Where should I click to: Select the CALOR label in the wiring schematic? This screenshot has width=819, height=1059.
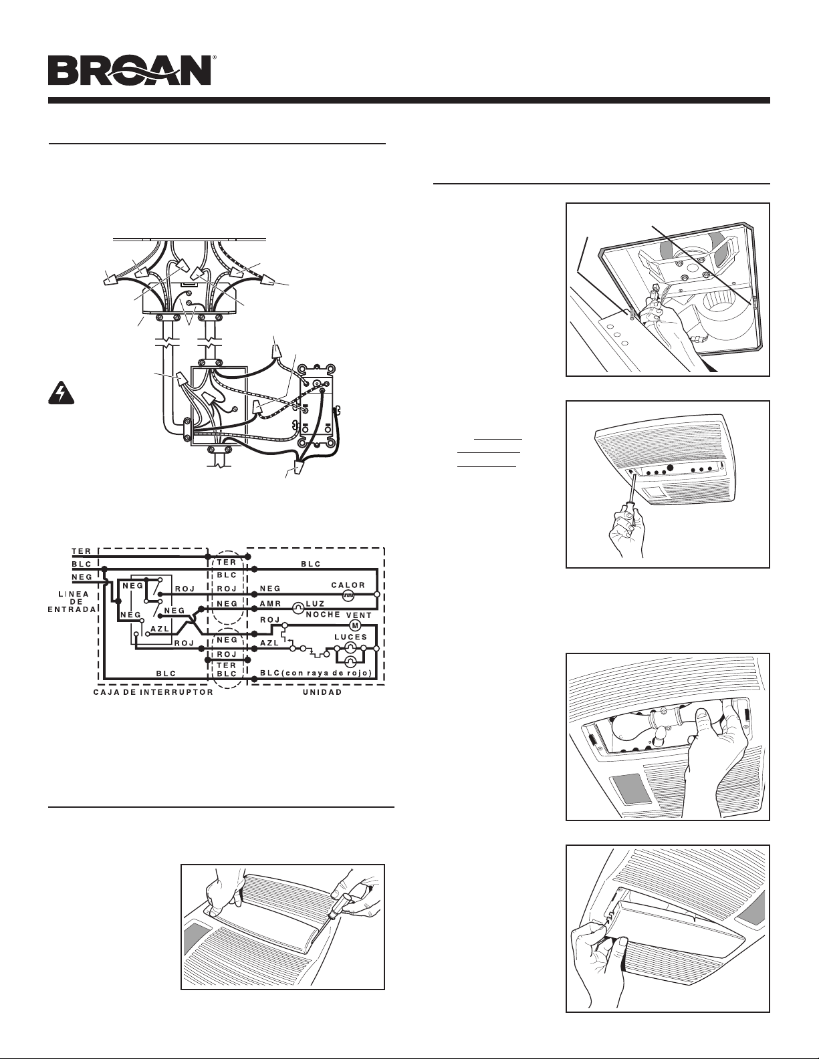point(348,585)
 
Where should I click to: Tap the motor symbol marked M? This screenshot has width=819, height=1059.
point(355,625)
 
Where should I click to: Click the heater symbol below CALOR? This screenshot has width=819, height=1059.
point(348,595)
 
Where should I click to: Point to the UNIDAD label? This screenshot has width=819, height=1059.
point(322,693)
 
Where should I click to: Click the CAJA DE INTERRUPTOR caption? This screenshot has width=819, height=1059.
point(153,693)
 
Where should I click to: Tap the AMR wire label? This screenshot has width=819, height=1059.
point(270,603)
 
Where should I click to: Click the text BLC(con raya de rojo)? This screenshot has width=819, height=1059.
point(316,673)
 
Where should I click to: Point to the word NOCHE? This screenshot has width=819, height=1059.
point(323,615)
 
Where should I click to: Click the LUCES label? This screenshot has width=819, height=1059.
point(350,637)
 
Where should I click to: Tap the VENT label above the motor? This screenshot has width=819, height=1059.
point(359,615)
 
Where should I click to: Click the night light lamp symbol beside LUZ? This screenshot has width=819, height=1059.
point(298,608)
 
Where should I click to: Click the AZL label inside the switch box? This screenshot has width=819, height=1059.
point(159,629)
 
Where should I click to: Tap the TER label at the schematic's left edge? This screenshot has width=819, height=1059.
point(82,551)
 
